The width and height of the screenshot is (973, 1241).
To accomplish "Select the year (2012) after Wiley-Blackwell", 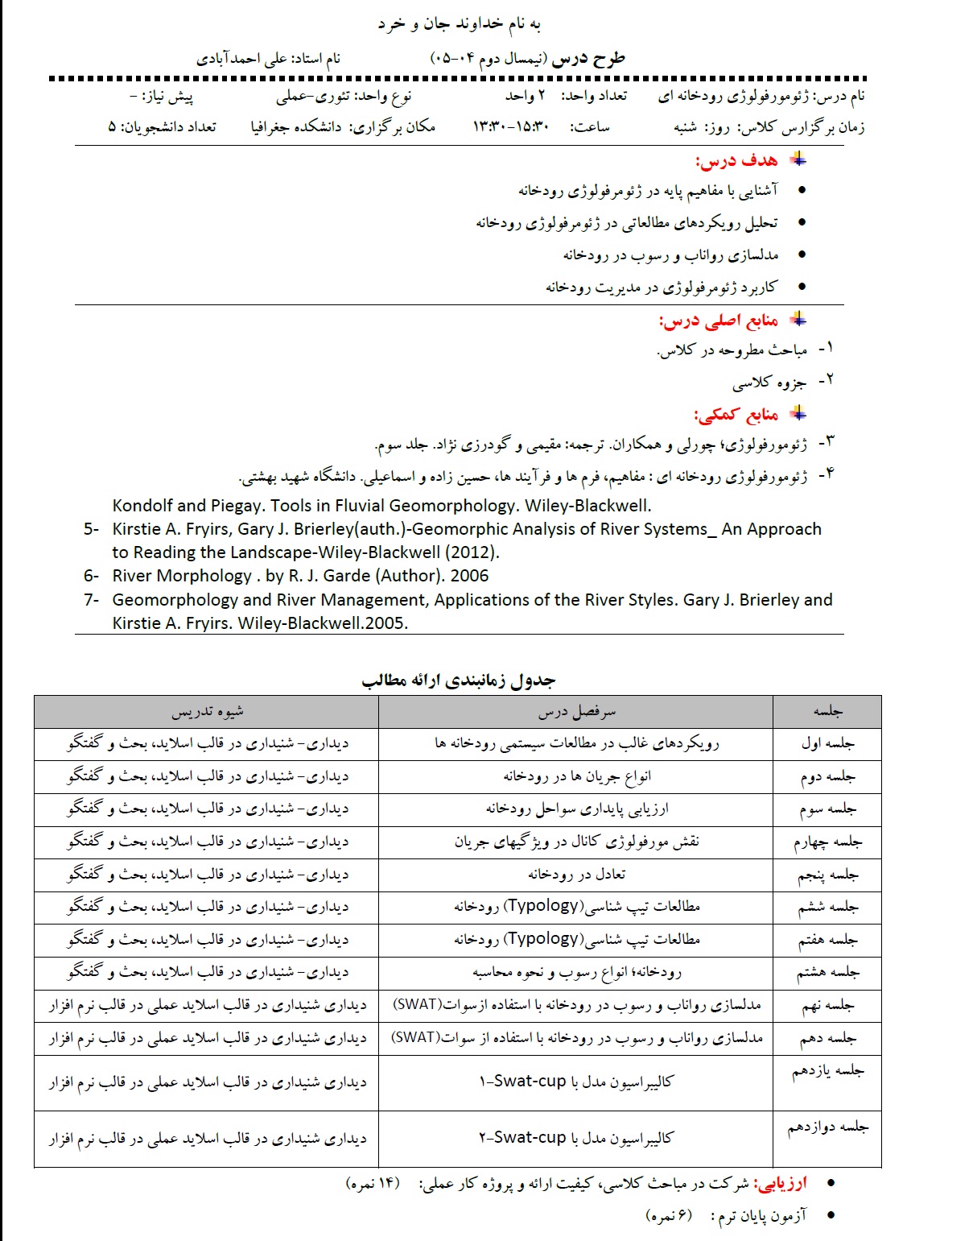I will (472, 552).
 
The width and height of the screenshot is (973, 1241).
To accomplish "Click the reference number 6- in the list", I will (91, 576).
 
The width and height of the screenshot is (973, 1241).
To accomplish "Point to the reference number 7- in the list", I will (91, 600).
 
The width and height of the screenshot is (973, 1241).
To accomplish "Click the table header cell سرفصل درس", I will (576, 712).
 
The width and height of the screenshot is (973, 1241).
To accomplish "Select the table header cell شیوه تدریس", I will (207, 712).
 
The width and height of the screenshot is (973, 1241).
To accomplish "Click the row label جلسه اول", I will (827, 743).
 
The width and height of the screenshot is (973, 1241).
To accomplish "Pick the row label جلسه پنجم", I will (827, 875).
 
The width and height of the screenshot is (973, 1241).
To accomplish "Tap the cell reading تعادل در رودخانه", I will (576, 875).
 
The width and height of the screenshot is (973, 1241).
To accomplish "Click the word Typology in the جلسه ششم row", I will (544, 906).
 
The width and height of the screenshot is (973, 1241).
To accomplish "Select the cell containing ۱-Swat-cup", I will (576, 1082).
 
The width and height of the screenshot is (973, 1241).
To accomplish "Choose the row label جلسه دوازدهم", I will (827, 1127).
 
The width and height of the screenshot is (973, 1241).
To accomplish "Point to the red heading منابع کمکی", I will (736, 415).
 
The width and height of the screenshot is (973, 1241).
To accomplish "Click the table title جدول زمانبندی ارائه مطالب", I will (458, 680).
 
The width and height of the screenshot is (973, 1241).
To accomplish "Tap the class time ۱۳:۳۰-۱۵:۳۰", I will (510, 127).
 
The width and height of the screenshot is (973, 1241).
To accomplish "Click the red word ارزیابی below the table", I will (779, 1183).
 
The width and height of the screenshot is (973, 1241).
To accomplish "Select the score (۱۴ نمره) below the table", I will (373, 1183).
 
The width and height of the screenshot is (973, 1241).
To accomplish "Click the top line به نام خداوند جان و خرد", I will (459, 24).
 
